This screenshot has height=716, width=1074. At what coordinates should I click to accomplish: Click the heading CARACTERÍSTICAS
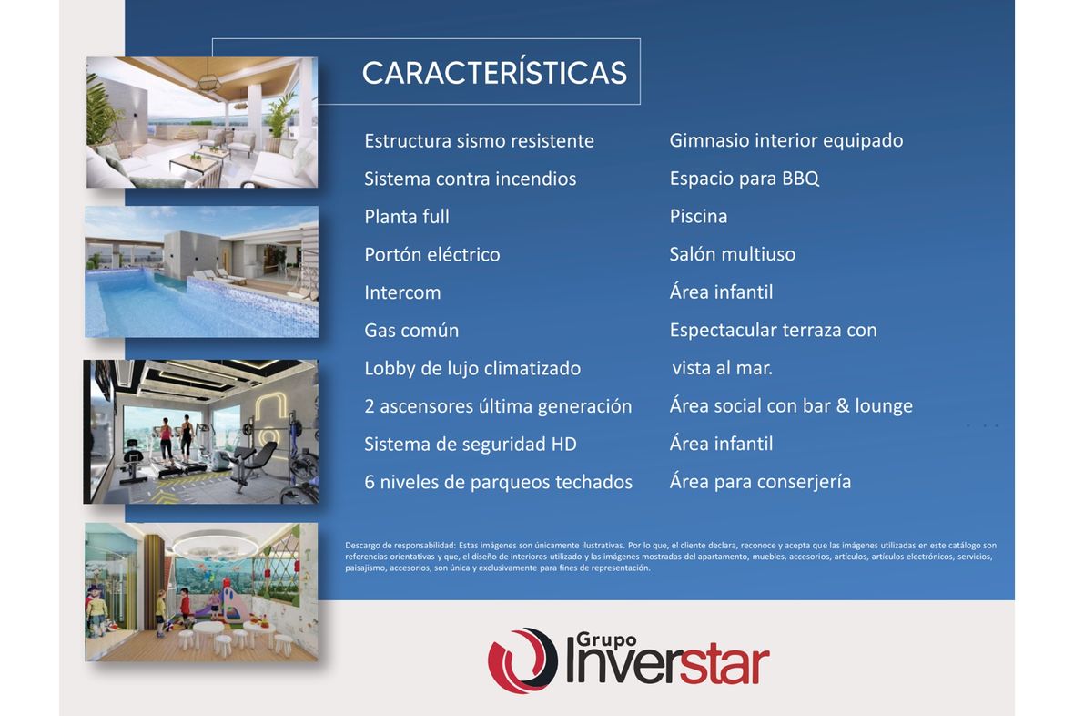[494, 72]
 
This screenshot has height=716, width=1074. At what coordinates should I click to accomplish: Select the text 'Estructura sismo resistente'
[480, 141]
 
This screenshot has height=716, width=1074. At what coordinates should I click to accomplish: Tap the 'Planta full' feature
[407, 217]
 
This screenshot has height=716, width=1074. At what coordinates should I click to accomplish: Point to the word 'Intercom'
[402, 292]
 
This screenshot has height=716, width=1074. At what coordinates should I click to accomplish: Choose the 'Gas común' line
[411, 331]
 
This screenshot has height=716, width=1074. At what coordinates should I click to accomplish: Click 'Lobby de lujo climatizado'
[472, 369]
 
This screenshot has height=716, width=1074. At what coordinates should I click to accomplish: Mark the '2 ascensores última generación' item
[498, 406]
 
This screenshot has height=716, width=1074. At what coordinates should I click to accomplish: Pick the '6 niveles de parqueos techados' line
[499, 482]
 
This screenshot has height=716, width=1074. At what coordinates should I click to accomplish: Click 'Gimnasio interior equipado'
[786, 141]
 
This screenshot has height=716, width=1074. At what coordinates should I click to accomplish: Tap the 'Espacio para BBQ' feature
[745, 179]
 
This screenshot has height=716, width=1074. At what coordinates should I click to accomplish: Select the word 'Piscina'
[699, 217]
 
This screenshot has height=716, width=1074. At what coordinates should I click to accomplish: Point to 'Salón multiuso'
[732, 254]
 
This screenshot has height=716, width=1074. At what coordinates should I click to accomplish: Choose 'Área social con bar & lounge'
[791, 406]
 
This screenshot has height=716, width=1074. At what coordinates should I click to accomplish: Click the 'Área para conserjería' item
[760, 482]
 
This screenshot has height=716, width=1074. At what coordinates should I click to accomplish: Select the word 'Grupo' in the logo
[607, 640]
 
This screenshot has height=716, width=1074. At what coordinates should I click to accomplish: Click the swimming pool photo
[201, 271]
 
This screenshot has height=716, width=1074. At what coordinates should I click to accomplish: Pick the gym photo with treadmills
[200, 432]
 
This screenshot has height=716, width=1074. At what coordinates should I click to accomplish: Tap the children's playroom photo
[201, 592]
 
